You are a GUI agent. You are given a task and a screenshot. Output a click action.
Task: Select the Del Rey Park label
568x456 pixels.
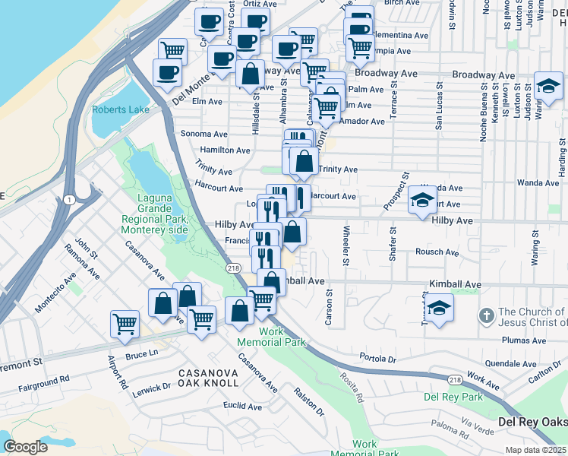453,397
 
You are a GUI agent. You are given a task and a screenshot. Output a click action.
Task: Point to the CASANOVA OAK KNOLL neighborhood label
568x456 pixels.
208,379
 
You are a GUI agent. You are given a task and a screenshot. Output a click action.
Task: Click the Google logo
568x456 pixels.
25,446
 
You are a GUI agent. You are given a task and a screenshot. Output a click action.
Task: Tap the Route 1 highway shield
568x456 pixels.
68,199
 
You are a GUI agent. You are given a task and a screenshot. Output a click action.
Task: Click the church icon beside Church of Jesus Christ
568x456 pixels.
486,313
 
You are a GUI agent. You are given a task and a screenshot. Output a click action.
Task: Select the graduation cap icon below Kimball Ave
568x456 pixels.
439,309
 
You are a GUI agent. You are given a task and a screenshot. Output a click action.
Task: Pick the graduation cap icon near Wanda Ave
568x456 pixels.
422,200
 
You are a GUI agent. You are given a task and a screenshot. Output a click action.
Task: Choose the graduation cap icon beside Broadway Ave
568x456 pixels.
547,86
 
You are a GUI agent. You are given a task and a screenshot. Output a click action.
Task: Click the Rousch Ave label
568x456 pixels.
437,252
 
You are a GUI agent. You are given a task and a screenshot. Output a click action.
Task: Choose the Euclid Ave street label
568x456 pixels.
242,406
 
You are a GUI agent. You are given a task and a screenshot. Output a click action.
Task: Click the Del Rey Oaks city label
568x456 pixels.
532,423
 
